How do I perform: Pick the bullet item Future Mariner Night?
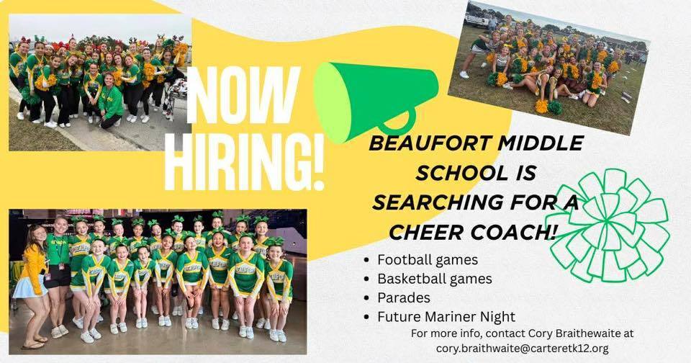(446, 316)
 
